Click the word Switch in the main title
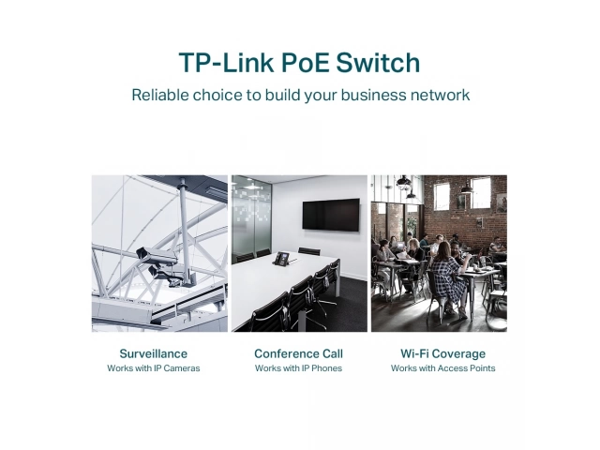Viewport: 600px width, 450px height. click(378, 63)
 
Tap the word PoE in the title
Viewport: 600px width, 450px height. click(305, 63)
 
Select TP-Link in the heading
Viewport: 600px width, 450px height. click(227, 63)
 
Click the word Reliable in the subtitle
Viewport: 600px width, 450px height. click(160, 95)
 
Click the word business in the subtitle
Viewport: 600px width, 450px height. click(373, 95)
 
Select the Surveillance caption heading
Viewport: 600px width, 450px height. click(154, 353)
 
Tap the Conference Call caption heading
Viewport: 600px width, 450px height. click(298, 353)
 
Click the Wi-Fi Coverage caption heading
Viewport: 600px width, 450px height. click(443, 353)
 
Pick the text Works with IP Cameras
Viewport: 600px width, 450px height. click(154, 368)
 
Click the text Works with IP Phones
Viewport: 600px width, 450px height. click(298, 368)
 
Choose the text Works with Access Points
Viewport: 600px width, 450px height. click(443, 368)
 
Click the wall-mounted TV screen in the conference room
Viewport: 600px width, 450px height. click(331, 215)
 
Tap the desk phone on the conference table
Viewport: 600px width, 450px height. click(283, 259)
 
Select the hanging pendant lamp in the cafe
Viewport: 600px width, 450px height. click(403, 184)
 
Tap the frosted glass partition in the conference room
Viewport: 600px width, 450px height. click(251, 218)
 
